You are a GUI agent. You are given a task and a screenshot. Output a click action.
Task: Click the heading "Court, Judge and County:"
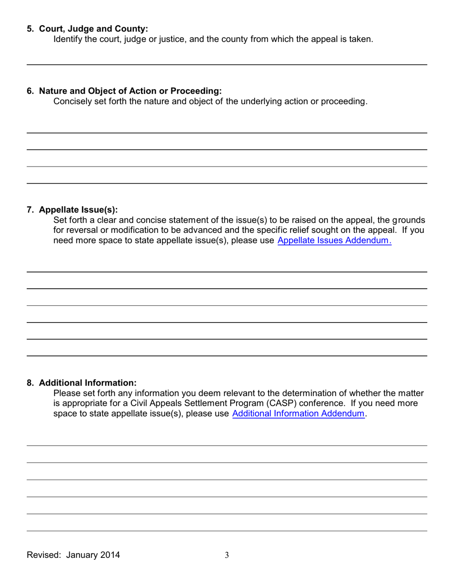pos(93,29)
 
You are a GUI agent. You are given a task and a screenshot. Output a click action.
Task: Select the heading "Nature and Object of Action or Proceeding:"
pos(130,91)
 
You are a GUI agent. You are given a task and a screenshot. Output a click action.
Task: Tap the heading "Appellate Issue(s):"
pos(78,210)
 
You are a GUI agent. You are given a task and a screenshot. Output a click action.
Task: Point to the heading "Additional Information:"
pos(87,383)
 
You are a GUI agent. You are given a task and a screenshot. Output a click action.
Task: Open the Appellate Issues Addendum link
pos(334,241)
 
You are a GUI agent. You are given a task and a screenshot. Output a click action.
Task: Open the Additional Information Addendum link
pos(298,414)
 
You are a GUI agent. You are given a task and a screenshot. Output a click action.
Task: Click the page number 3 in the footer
pos(227,555)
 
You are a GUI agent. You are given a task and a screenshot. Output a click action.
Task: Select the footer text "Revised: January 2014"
pos(73,555)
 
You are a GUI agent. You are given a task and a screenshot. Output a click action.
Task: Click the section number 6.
pos(30,91)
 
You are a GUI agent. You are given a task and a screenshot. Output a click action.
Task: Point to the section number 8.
pos(30,383)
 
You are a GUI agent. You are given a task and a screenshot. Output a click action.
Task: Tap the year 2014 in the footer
pos(110,555)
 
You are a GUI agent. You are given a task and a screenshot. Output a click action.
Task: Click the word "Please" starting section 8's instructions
pos(67,393)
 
